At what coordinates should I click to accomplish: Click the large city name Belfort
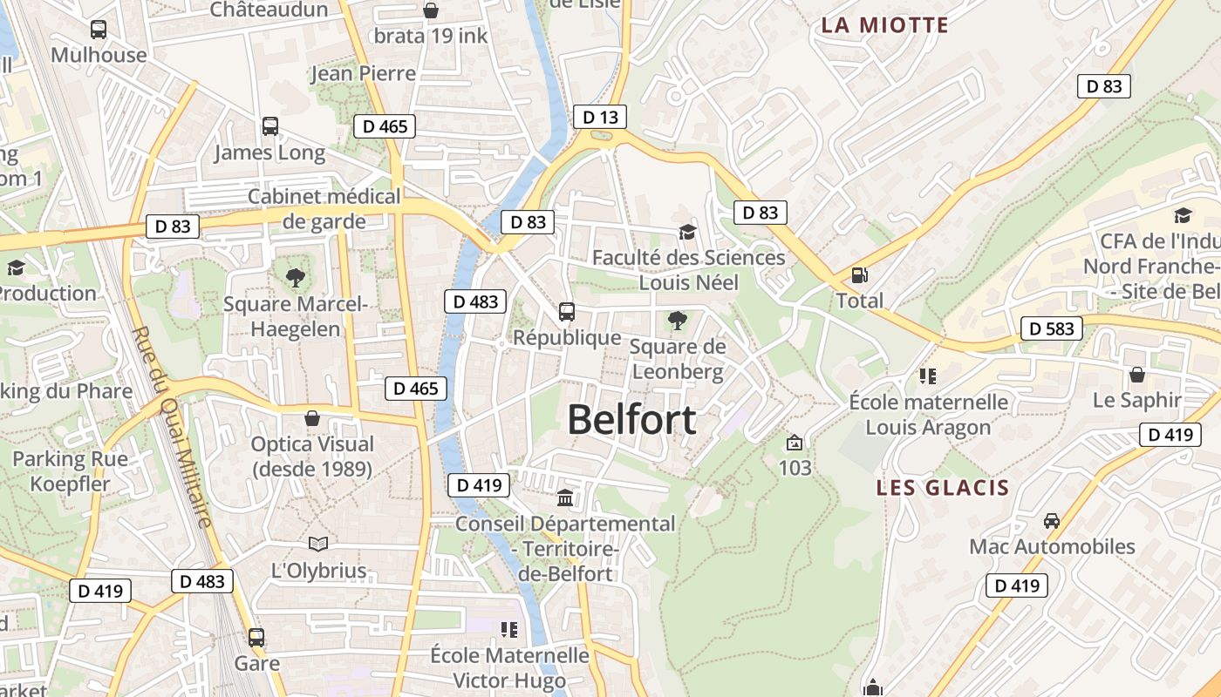[x=631, y=420]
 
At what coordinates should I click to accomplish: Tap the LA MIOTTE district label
[x=884, y=25]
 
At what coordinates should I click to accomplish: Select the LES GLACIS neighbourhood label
[x=943, y=488]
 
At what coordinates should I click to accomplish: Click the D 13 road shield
[x=600, y=117]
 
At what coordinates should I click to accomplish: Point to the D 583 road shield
[x=1052, y=328]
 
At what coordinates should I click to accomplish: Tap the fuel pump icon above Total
[x=860, y=275]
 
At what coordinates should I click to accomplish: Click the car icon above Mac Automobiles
[x=1052, y=521]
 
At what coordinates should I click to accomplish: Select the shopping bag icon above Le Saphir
[x=1137, y=375]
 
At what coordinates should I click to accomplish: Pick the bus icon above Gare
[x=256, y=638]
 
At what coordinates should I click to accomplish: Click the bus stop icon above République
[x=567, y=311]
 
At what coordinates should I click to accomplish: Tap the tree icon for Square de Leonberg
[x=677, y=321]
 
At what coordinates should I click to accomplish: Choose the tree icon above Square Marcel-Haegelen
[x=296, y=278]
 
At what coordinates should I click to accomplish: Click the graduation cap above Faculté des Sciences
[x=688, y=232]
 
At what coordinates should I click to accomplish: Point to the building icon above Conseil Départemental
[x=565, y=498]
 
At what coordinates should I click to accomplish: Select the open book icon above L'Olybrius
[x=318, y=545]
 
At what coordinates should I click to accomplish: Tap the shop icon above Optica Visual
[x=312, y=419]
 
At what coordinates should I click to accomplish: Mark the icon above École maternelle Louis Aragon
[x=928, y=376]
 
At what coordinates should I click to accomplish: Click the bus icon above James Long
[x=270, y=126]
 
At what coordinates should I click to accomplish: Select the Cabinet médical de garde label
[x=324, y=209]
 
